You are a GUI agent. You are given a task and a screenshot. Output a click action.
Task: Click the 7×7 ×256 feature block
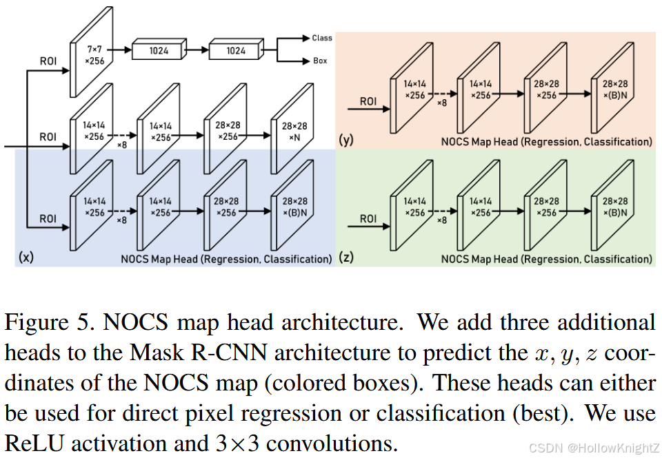pyautogui.click(x=94, y=54)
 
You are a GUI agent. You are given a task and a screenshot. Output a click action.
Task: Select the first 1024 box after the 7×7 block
pyautogui.click(x=159, y=50)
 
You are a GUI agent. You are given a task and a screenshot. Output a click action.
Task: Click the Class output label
pyautogui.click(x=321, y=38)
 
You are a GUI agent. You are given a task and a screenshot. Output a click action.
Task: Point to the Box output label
pyautogui.click(x=320, y=61)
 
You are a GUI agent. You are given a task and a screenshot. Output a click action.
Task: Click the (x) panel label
pyautogui.click(x=25, y=258)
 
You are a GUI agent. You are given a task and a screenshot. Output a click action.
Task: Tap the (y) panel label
pyautogui.click(x=346, y=141)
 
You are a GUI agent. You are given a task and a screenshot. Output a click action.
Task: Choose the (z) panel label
pyautogui.click(x=346, y=259)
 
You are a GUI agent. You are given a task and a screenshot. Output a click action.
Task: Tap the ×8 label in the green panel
pyautogui.click(x=442, y=220)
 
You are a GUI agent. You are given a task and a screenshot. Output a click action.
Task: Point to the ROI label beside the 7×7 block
pyautogui.click(x=48, y=61)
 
